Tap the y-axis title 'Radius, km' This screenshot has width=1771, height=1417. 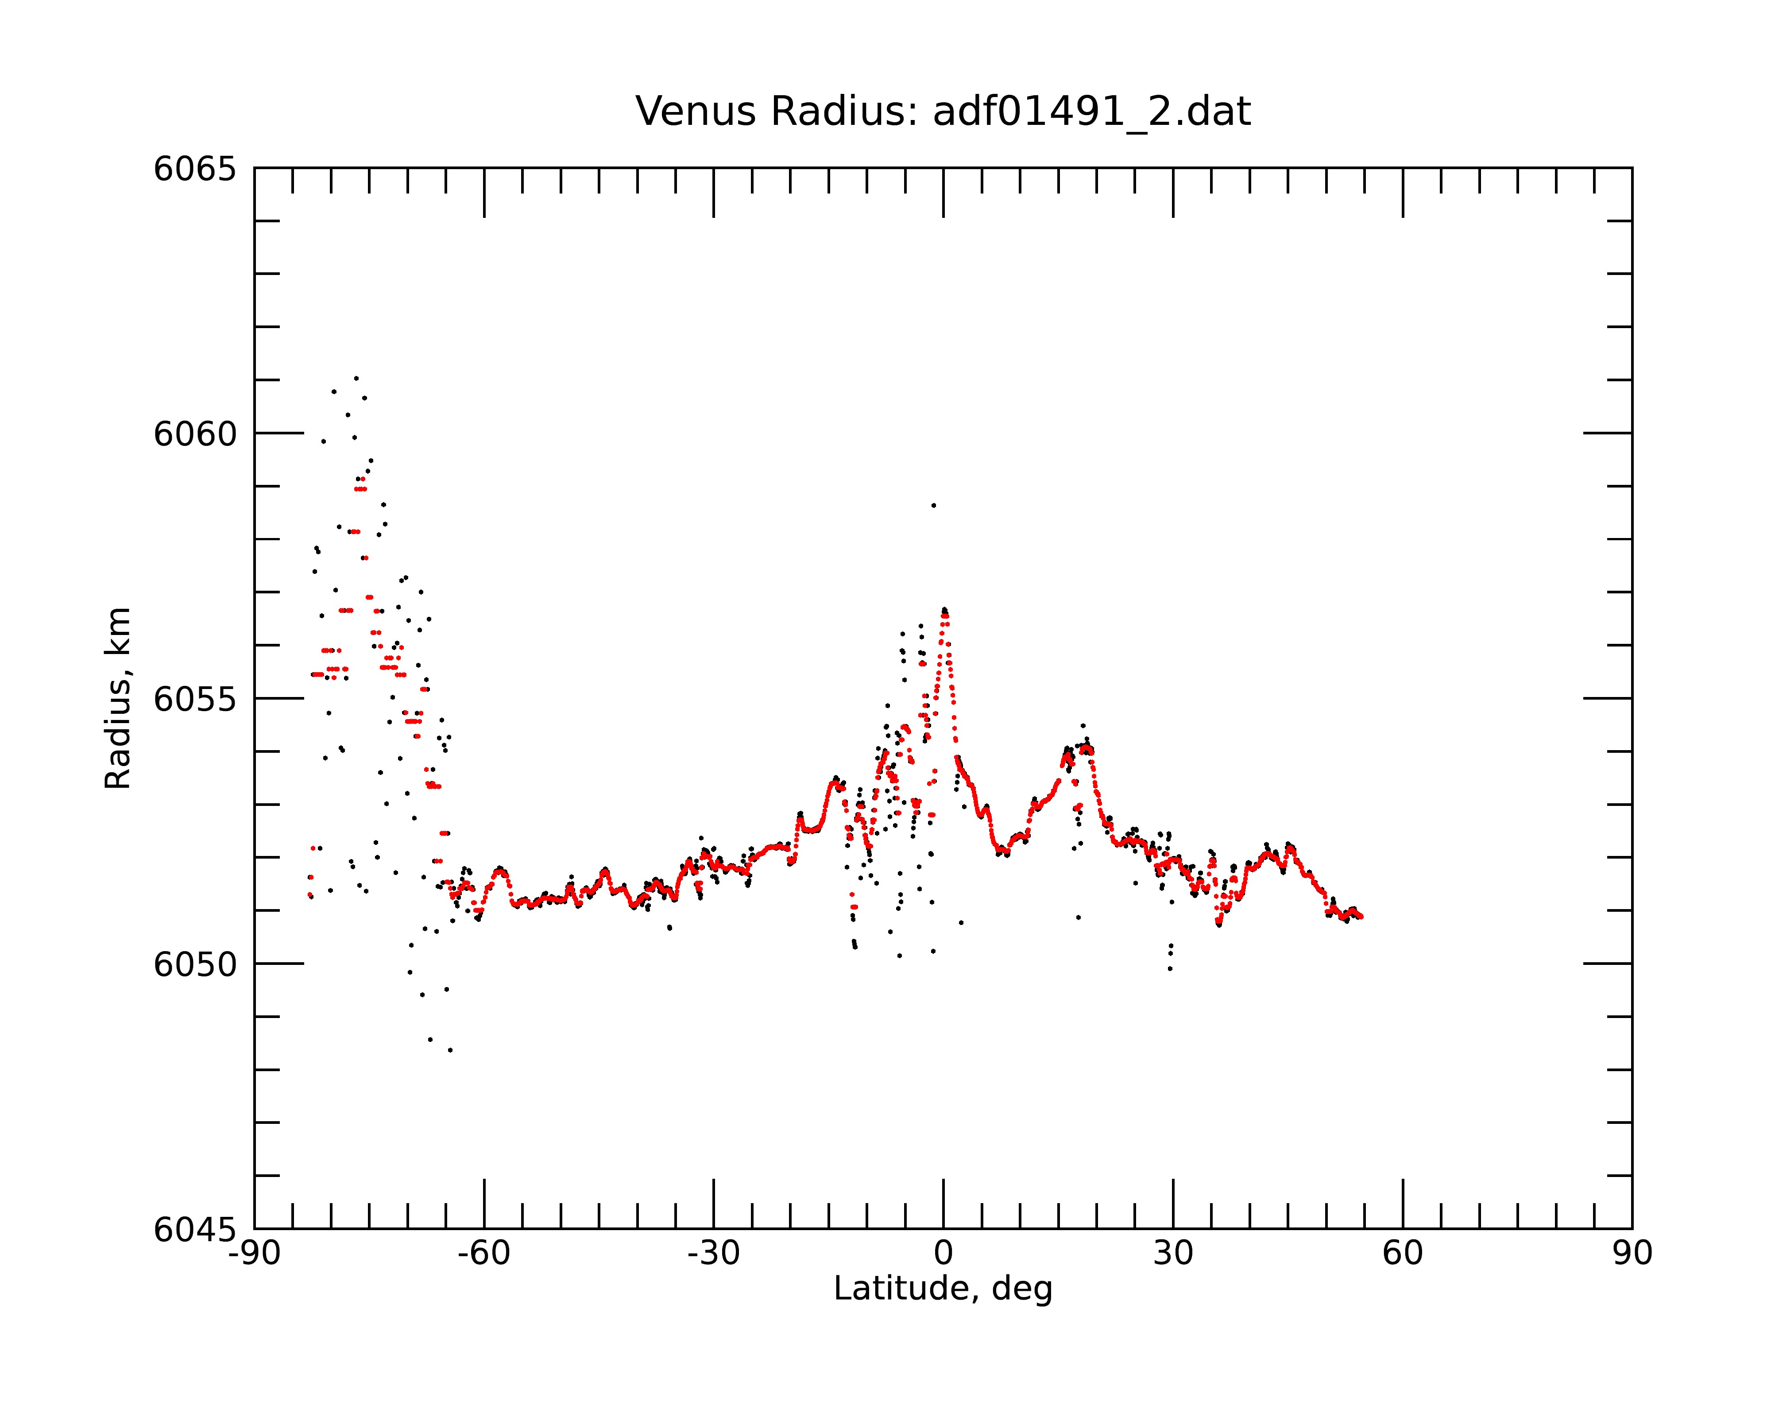117,698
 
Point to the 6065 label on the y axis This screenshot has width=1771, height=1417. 195,169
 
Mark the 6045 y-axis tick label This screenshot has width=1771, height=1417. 195,1230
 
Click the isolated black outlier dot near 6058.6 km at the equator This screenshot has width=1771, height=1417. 933,505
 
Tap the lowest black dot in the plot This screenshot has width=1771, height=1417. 450,1050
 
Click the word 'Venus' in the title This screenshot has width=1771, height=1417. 696,112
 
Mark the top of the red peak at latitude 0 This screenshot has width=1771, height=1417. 945,613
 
